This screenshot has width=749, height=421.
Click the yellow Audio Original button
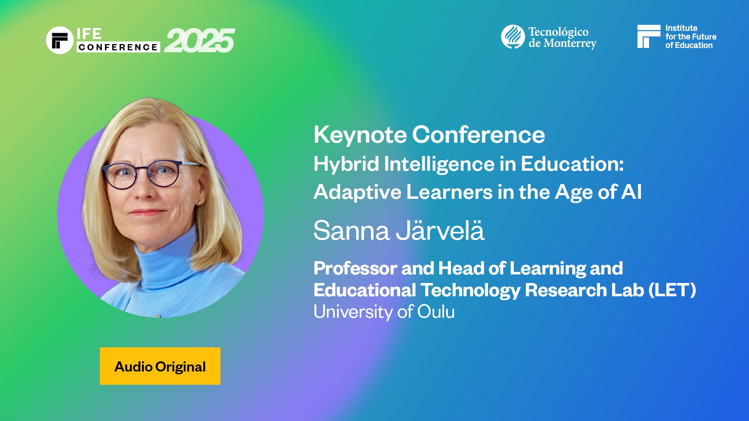(x=160, y=366)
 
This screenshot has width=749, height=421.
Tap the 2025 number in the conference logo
(x=199, y=41)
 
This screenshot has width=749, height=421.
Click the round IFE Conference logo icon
(x=60, y=40)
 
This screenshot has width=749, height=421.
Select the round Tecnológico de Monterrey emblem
(x=513, y=37)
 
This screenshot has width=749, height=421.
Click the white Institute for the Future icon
(x=648, y=36)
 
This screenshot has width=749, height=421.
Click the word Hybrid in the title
(x=346, y=164)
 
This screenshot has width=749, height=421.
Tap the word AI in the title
(x=631, y=192)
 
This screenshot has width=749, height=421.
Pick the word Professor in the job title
(x=355, y=268)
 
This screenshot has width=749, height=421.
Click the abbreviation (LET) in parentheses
(x=672, y=290)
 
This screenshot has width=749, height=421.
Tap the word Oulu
(x=436, y=312)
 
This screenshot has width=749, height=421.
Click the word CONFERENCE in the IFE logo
(x=118, y=47)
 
